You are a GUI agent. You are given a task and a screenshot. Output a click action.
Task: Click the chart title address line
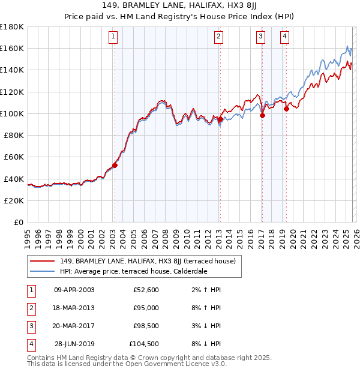point(180,5)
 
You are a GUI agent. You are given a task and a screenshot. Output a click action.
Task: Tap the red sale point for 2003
point(115,166)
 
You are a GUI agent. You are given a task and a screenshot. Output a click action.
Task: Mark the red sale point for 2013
point(220,119)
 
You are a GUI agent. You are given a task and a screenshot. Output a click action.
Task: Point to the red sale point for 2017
point(262,116)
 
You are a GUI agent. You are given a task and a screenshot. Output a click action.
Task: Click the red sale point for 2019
point(286,109)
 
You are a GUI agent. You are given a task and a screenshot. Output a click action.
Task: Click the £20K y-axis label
point(14,200)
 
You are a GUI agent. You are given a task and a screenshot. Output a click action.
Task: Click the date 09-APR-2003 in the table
point(74,290)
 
